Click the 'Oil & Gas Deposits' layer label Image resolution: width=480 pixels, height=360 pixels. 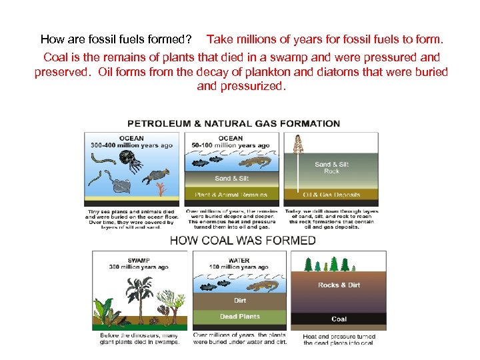point(331,195)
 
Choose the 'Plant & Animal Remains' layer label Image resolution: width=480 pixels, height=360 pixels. point(231,195)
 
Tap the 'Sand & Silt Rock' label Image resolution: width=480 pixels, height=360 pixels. point(331,167)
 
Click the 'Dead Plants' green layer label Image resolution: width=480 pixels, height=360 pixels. point(240,316)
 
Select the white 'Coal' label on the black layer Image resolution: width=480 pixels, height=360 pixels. point(339,319)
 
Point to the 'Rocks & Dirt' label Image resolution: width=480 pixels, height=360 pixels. point(339,285)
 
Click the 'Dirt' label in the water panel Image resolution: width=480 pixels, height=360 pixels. point(240,301)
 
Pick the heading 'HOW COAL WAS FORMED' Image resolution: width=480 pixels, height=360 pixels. point(243,241)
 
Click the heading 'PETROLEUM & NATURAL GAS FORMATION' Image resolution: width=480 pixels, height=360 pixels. point(233,123)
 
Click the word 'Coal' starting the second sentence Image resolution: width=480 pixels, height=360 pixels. point(57,56)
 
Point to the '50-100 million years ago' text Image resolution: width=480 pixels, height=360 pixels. point(231,145)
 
